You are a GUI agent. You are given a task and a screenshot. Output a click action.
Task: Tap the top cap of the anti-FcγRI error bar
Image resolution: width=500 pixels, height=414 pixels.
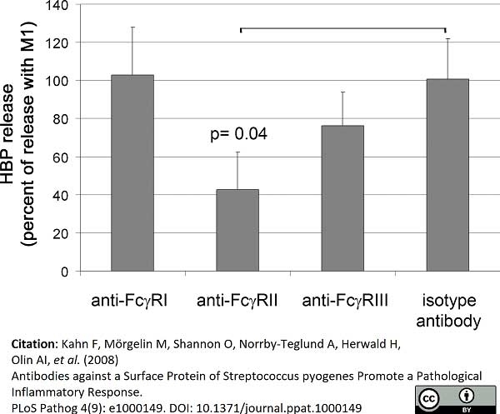point(132,27)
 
